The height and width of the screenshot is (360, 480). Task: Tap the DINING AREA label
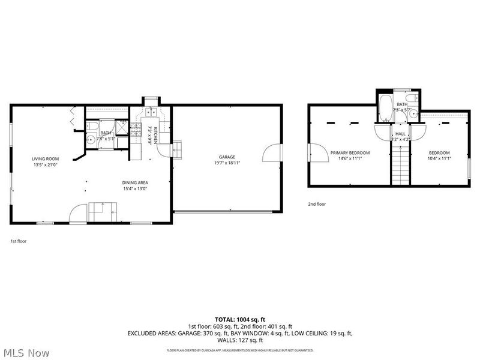click(x=135, y=182)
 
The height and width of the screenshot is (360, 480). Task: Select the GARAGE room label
click(x=227, y=157)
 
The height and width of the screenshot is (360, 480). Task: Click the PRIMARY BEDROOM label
click(x=350, y=152)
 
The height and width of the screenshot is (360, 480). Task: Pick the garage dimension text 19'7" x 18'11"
click(x=227, y=163)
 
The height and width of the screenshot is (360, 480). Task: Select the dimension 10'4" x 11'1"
click(x=439, y=159)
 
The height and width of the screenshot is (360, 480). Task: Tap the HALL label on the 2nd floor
click(x=400, y=134)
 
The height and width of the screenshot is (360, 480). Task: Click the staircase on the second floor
click(x=400, y=166)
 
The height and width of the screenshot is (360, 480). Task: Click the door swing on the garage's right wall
click(x=273, y=152)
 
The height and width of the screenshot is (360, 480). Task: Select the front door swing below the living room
click(x=79, y=213)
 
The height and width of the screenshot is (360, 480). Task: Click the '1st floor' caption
click(x=18, y=241)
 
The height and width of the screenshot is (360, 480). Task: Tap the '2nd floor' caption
click(x=317, y=204)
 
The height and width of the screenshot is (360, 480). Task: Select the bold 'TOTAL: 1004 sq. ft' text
click(x=239, y=319)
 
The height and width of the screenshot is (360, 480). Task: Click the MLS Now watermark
click(x=25, y=353)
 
